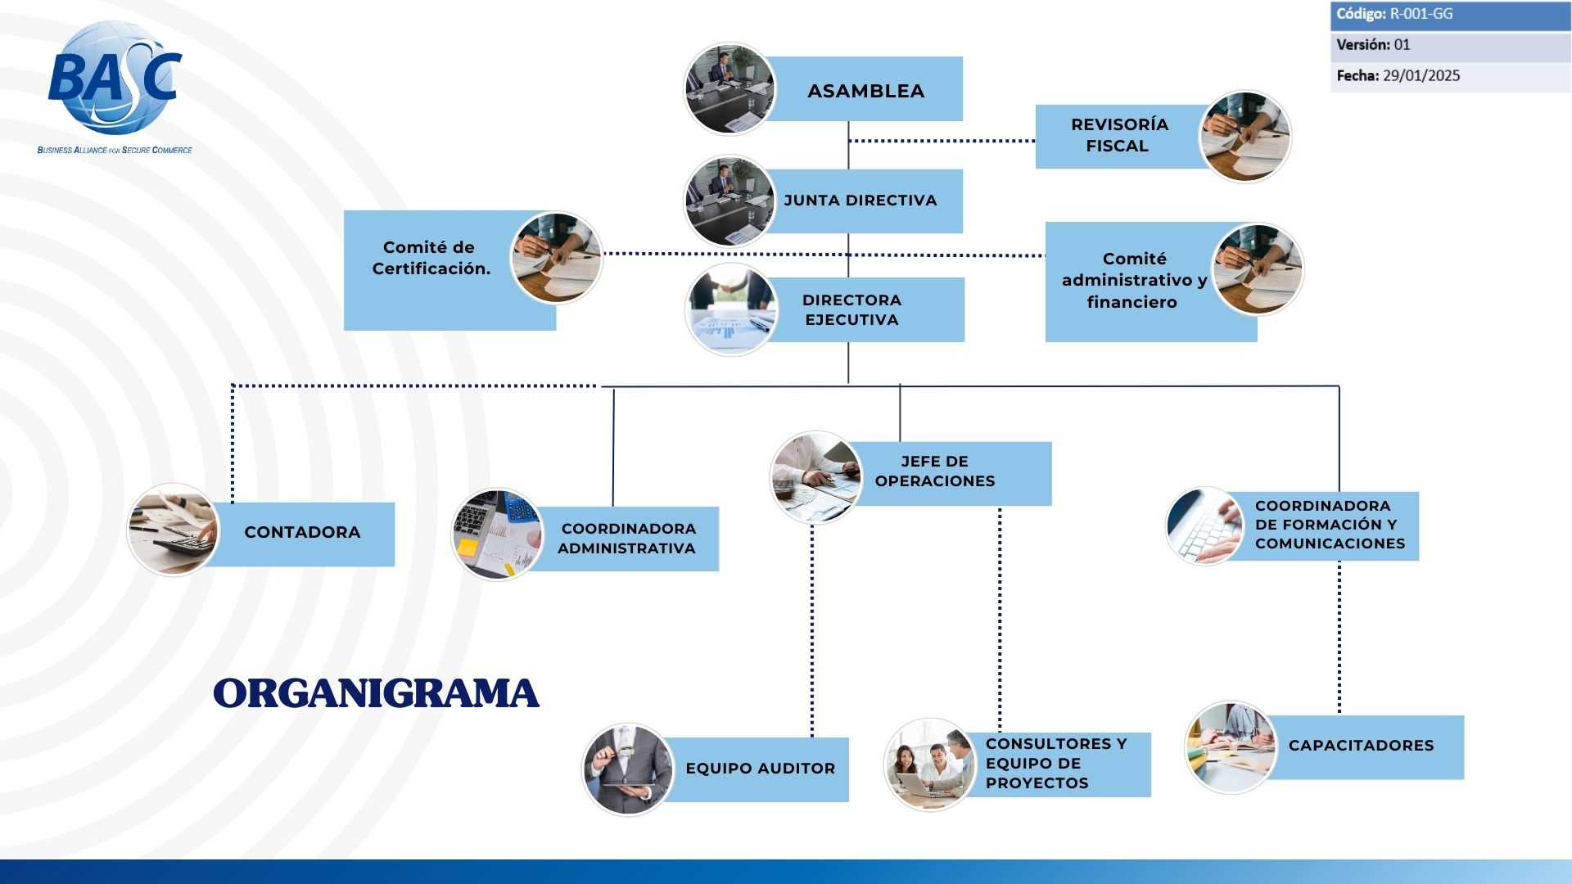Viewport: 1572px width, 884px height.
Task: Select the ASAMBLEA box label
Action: pyautogui.click(x=865, y=91)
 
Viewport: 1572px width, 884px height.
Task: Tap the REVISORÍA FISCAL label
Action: pyautogui.click(x=1118, y=135)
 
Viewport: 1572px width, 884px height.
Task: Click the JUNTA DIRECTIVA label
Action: pyautogui.click(x=860, y=201)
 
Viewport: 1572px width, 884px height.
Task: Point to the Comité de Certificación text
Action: pyautogui.click(x=431, y=258)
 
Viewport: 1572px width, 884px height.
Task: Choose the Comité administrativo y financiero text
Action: pyautogui.click(x=1134, y=280)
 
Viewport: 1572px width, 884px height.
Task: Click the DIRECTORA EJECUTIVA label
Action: pyautogui.click(x=851, y=310)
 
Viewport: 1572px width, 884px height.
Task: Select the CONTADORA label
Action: pyautogui.click(x=302, y=532)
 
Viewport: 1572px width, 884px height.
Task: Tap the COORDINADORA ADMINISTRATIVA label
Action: pyautogui.click(x=627, y=539)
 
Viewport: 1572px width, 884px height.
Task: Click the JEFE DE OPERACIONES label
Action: pyautogui.click(x=935, y=471)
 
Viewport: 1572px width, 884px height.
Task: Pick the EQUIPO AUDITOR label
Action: pyautogui.click(x=760, y=769)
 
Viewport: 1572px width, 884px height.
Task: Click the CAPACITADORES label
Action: pyautogui.click(x=1361, y=746)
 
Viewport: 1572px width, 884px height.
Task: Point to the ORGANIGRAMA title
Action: pyautogui.click(x=376, y=693)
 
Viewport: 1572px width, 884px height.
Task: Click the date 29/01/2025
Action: pyautogui.click(x=1421, y=76)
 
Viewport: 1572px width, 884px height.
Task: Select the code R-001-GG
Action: pyautogui.click(x=1421, y=14)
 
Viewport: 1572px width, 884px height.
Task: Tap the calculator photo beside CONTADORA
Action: pyautogui.click(x=174, y=530)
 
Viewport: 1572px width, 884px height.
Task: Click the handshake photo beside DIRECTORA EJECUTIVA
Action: pyautogui.click(x=731, y=309)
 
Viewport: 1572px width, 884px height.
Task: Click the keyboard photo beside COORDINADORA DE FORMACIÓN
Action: pyautogui.click(x=1205, y=526)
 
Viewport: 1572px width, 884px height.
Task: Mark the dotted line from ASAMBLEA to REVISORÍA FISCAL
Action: pyautogui.click(x=942, y=141)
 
